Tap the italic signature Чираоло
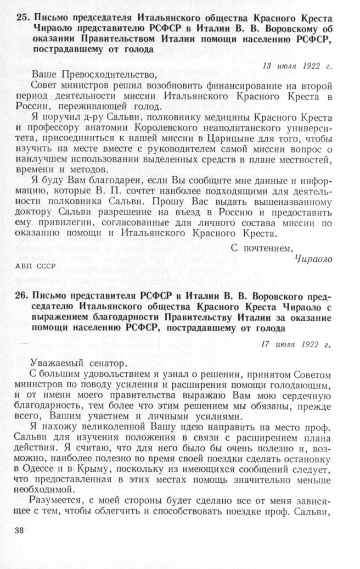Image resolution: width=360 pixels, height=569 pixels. point(313,259)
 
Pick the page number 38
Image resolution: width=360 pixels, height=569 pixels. point(22,532)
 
